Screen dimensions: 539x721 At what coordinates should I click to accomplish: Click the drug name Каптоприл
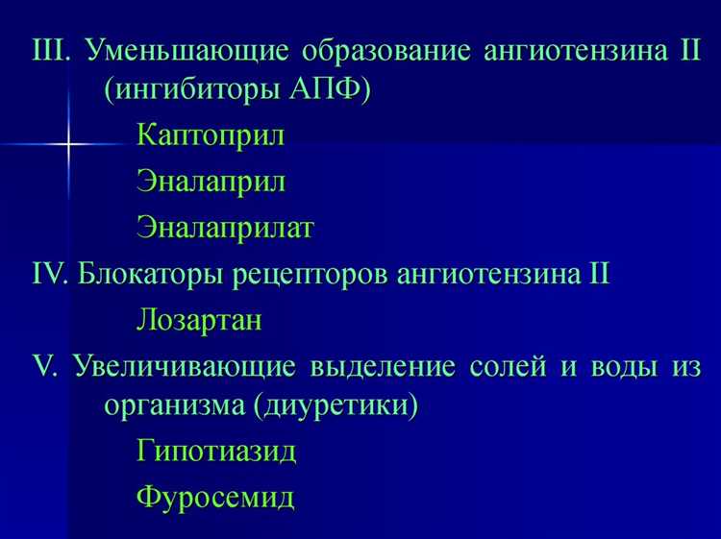point(211,135)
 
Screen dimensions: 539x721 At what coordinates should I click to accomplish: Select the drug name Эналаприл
point(211,182)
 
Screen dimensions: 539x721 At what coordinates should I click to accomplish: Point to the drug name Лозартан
point(199,320)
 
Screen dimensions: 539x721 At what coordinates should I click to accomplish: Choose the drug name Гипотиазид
point(216,452)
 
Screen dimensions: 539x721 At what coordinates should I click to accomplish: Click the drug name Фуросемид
point(215,498)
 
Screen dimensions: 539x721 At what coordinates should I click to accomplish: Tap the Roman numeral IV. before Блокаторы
point(50,274)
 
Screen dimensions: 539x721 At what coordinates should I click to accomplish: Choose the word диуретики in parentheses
point(339,407)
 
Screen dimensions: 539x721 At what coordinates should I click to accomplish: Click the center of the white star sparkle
point(69,144)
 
